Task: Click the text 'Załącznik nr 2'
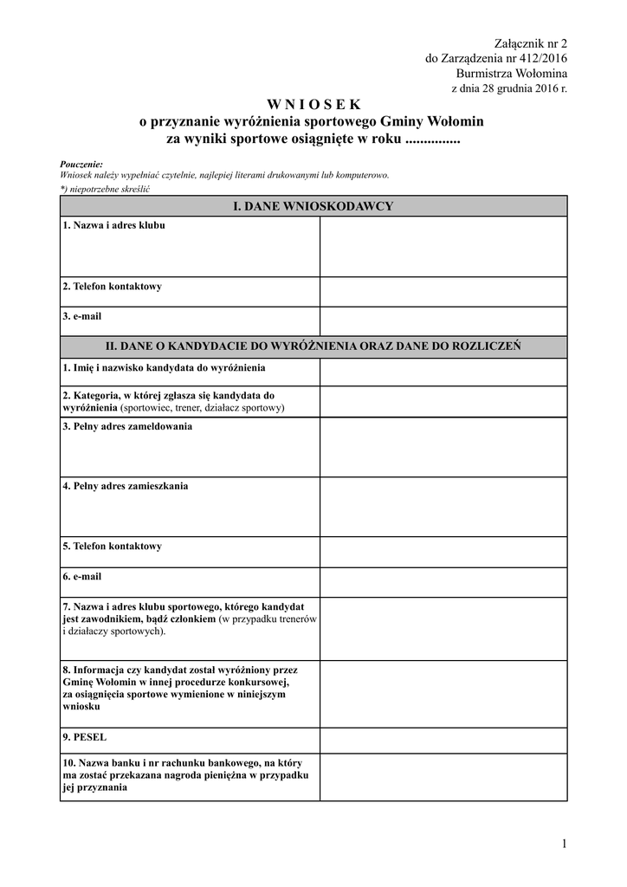530,42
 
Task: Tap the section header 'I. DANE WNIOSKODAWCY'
313,206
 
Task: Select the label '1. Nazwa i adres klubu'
113,225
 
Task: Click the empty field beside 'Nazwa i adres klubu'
443,246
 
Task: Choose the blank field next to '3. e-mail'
443,320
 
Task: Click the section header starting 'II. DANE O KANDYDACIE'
313,346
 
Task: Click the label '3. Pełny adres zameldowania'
127,426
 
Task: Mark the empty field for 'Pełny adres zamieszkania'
443,507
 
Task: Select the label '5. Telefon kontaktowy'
112,547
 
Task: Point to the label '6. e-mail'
82,576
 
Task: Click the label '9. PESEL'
84,737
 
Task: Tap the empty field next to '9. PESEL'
443,741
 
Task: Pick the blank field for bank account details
443,777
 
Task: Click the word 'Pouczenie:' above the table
81,164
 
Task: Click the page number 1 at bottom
563,844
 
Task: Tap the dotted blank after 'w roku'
432,139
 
